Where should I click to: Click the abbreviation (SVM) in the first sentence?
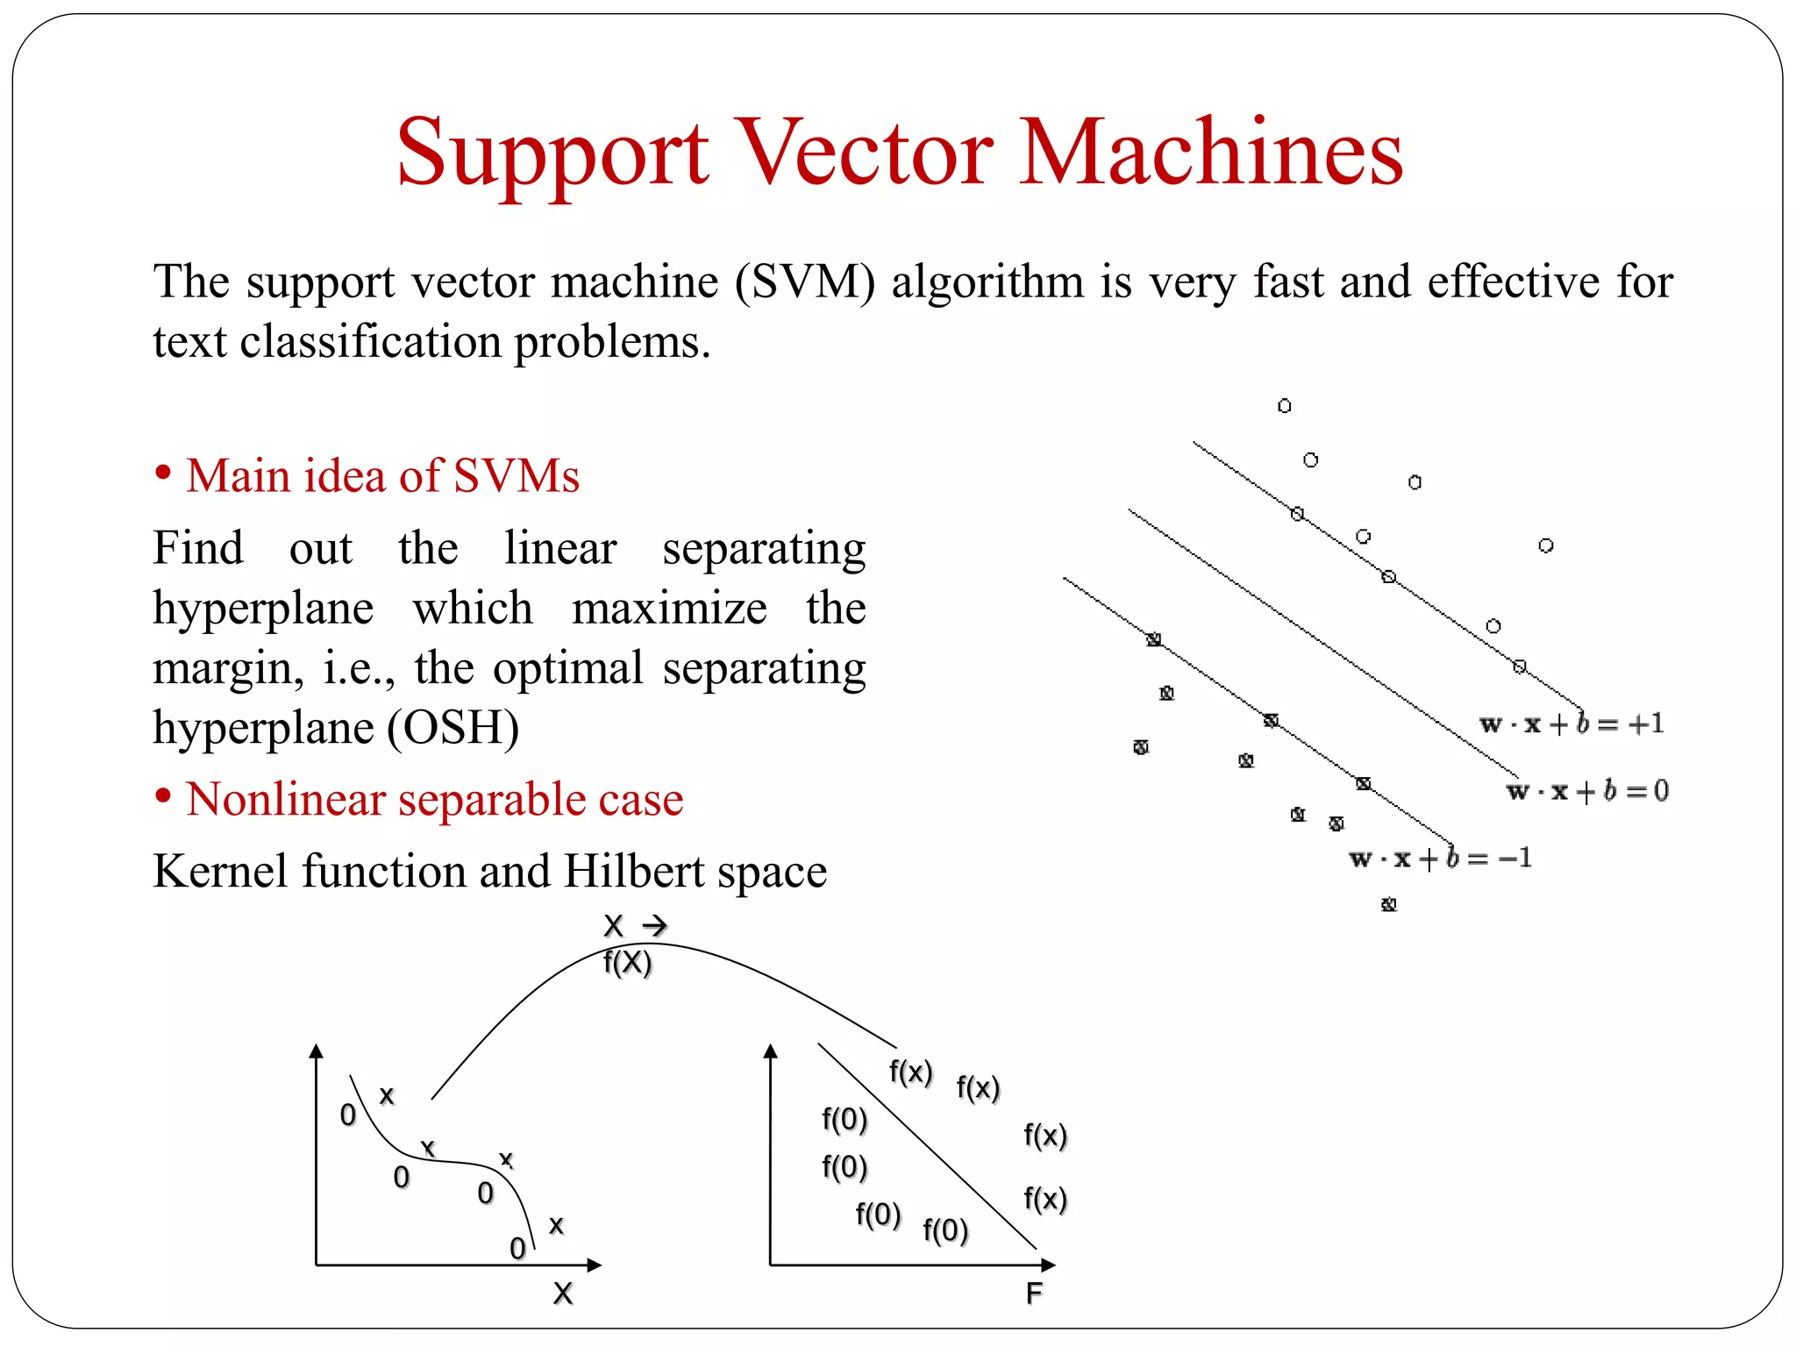pos(804,283)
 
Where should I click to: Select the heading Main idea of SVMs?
pos(382,476)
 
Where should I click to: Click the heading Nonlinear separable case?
pos(434,800)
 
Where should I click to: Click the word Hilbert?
pos(634,872)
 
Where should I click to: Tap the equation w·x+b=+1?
pos(1571,724)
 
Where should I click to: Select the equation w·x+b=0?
pos(1587,791)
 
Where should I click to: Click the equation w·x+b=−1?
pos(1440,858)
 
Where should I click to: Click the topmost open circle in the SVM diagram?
pos(1284,406)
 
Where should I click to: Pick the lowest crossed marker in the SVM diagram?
pos(1388,904)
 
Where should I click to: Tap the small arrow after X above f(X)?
pos(655,926)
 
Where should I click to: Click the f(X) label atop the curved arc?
pos(628,963)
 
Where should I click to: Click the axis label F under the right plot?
pos(1035,1294)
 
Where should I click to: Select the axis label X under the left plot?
pos(563,1294)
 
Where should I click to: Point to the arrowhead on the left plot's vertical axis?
pos(317,1051)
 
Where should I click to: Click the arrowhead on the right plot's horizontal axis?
pos(1048,1265)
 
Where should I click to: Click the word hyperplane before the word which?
pos(263,609)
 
